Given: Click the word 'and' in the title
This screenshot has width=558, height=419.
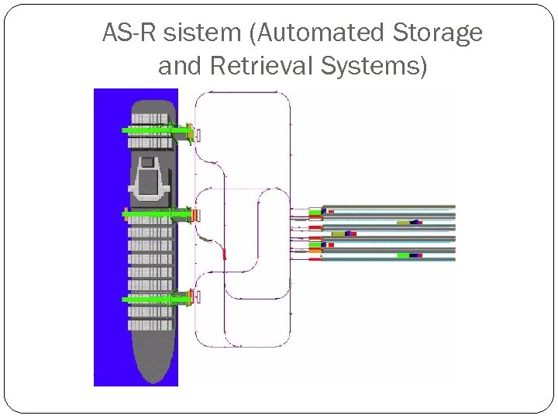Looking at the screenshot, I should coord(179,67).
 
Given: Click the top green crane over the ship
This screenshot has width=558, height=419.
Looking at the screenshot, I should coord(156,130).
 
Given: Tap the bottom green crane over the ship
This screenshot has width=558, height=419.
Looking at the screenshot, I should coord(156,297).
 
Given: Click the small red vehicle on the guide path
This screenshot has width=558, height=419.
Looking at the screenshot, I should coord(225,253).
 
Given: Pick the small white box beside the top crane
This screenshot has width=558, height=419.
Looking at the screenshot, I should coord(198,135).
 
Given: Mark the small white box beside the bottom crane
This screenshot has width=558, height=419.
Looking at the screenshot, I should coord(198,296).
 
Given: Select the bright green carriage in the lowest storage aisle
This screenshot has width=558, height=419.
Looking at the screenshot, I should coord(404,255).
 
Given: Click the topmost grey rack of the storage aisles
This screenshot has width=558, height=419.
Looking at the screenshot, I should coord(387,207).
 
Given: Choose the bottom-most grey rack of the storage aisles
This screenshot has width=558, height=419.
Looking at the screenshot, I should coord(387,259).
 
